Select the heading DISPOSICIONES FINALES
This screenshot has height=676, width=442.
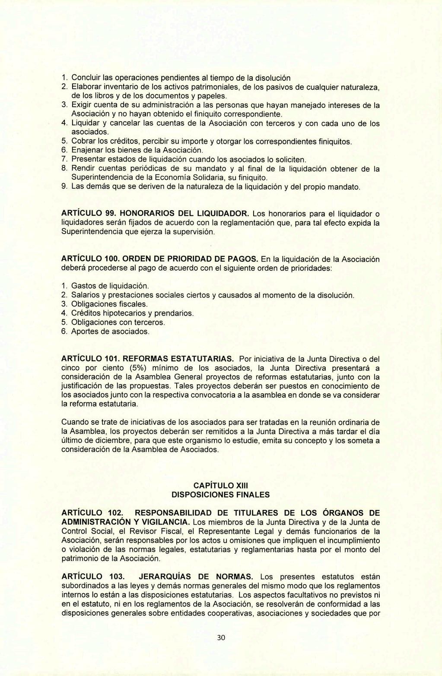coord(221,494)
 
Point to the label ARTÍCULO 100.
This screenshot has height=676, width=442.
coord(91,259)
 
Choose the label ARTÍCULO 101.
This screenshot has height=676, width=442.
coord(91,359)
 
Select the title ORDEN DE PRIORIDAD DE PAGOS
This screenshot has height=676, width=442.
coord(191,259)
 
